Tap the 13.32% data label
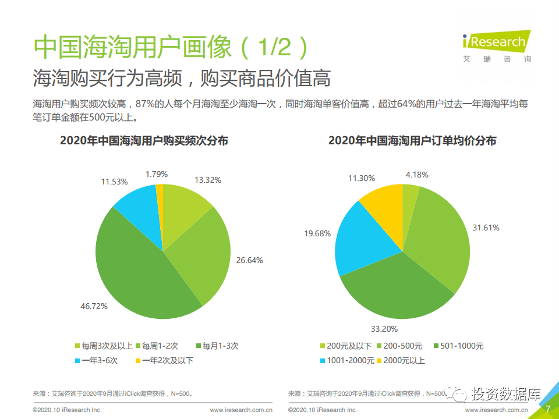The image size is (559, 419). point(208,180)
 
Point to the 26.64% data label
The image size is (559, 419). point(249,260)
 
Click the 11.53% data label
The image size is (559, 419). point(114,182)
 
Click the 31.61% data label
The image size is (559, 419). point(486,228)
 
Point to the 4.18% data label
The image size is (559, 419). point(417,174)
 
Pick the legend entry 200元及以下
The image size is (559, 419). point(346,346)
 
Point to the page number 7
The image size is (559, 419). point(547,409)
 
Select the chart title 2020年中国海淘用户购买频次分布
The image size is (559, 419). point(144,141)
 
